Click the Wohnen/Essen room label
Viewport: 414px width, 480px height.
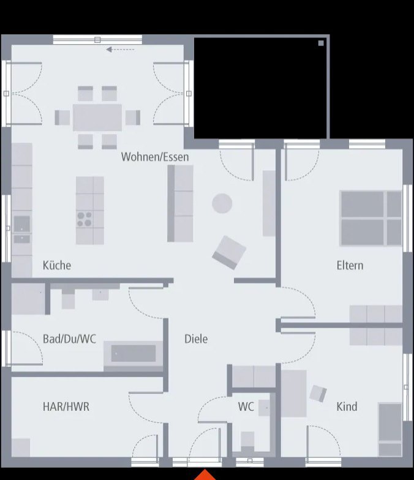155,157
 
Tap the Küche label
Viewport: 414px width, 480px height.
56,265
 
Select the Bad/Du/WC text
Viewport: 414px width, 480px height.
69,339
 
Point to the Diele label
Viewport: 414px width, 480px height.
196,339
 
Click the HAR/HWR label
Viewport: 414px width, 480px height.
66,406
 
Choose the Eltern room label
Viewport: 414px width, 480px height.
350,265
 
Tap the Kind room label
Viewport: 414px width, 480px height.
347,406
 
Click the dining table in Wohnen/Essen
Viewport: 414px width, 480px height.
97,117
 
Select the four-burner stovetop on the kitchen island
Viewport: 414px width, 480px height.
85,219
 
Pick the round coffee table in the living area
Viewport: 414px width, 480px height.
222,203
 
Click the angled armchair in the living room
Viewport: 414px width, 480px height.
229,252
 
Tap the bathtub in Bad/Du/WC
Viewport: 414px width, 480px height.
133,353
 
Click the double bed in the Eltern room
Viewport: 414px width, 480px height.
371,218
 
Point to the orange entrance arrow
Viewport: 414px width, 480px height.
205,475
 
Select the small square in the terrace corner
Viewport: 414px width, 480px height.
321,43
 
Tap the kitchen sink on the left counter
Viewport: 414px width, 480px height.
21,222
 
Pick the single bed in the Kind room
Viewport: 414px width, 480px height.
390,429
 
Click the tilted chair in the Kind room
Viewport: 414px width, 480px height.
318,394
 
